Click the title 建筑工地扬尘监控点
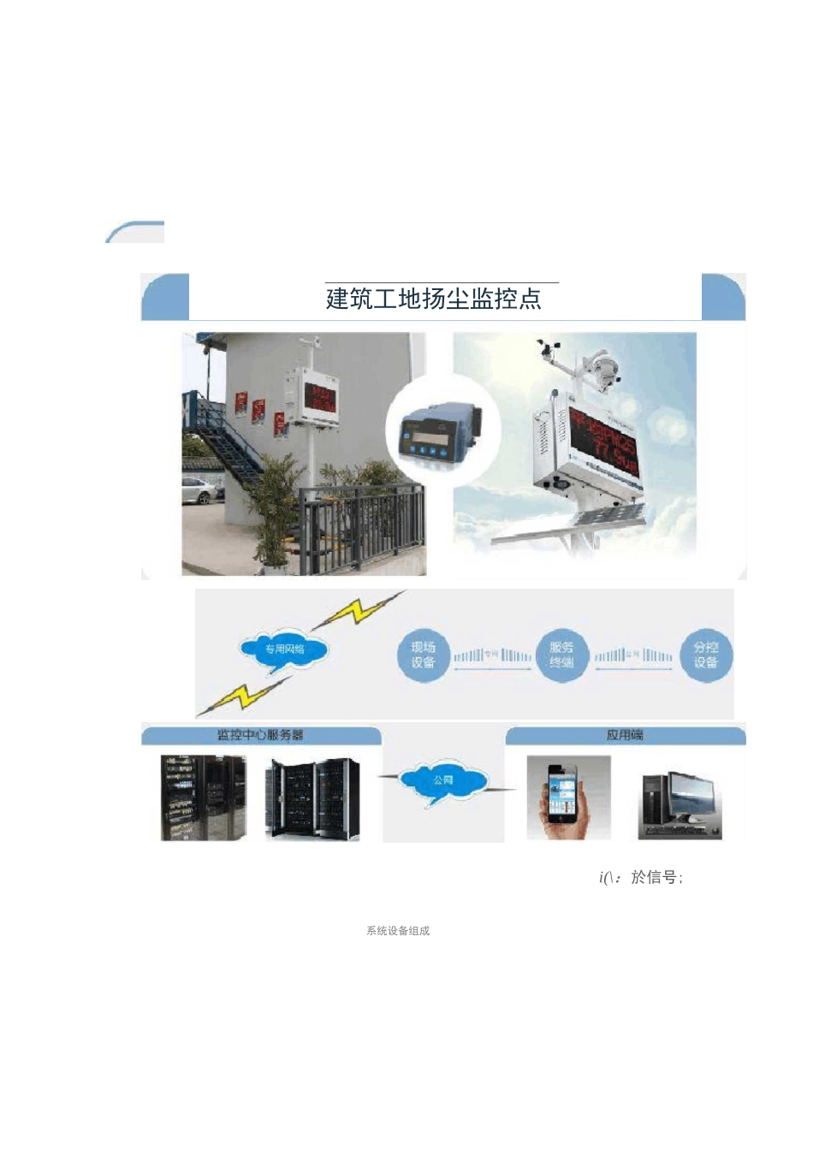click(x=433, y=299)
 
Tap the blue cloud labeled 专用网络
click(x=283, y=649)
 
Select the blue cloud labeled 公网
click(x=442, y=780)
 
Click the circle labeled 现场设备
click(x=423, y=655)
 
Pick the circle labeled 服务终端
click(x=561, y=655)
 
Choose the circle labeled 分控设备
click(x=706, y=655)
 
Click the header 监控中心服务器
click(x=260, y=735)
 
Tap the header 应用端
click(x=625, y=735)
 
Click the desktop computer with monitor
click(x=682, y=804)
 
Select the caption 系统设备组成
click(x=398, y=931)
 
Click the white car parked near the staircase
click(x=199, y=491)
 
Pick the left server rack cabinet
click(x=204, y=797)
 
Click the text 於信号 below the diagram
click(x=655, y=877)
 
